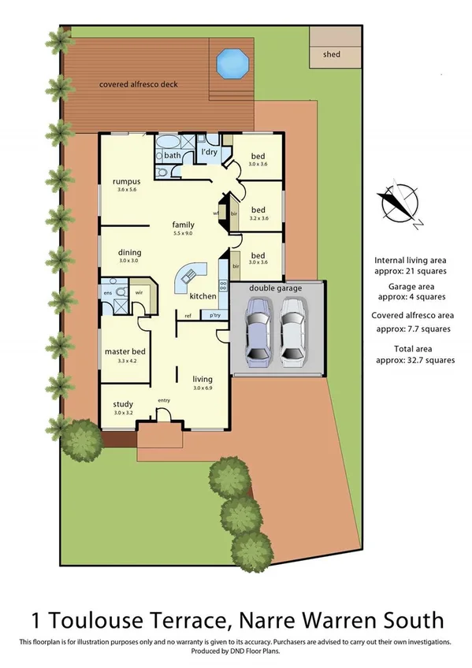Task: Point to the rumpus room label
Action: pos(126,181)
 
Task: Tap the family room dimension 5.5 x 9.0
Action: pos(183,233)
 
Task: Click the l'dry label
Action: pos(209,150)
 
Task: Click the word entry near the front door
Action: pos(164,400)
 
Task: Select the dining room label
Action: pos(129,252)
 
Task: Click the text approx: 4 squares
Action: pos(413,297)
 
